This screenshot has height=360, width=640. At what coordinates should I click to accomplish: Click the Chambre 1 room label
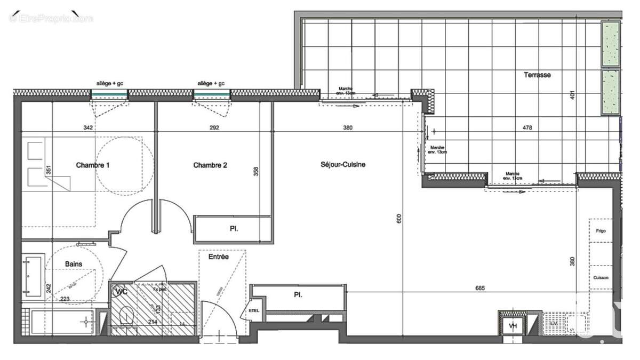click(93, 165)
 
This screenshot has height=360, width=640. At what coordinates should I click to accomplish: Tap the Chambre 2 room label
click(210, 165)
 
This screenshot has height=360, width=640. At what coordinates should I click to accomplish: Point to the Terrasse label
click(537, 75)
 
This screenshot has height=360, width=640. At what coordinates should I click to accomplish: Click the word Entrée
click(219, 257)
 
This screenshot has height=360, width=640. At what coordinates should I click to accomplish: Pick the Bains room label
click(74, 264)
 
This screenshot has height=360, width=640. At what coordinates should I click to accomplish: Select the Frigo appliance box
click(601, 231)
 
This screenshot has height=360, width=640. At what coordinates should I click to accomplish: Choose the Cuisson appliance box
click(601, 278)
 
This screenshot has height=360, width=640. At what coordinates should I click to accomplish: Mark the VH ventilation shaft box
click(513, 325)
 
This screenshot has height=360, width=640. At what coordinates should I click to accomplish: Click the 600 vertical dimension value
click(399, 218)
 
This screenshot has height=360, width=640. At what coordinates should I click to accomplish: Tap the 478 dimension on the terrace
click(527, 128)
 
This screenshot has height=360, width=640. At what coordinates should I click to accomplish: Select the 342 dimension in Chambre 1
click(89, 128)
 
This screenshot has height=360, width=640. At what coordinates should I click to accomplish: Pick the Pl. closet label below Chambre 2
click(234, 229)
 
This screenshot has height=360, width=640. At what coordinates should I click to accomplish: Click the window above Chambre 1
click(109, 94)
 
